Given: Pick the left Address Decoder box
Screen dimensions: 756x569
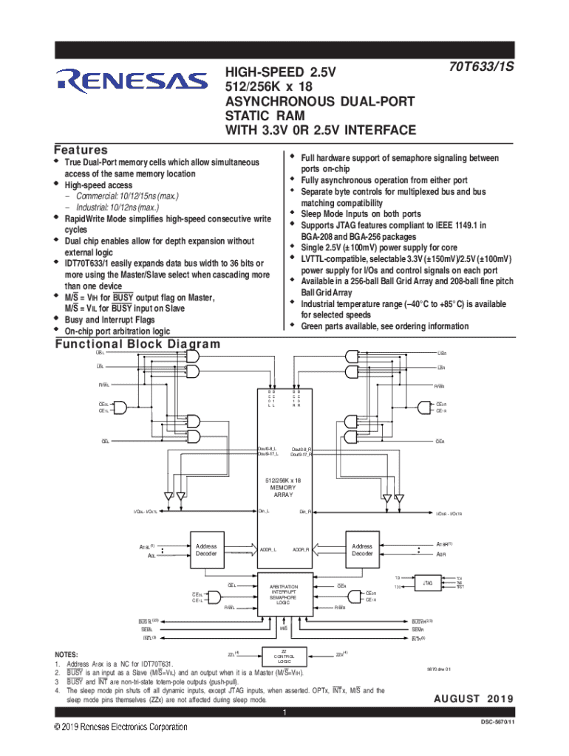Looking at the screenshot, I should click(206, 550).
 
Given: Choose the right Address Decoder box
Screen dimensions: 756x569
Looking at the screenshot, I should click(362, 550).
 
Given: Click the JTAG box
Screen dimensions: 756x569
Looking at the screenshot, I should click(428, 583).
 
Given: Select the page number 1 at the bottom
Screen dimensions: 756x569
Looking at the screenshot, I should click(284, 712).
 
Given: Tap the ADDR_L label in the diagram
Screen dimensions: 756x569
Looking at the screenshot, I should click(268, 549).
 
